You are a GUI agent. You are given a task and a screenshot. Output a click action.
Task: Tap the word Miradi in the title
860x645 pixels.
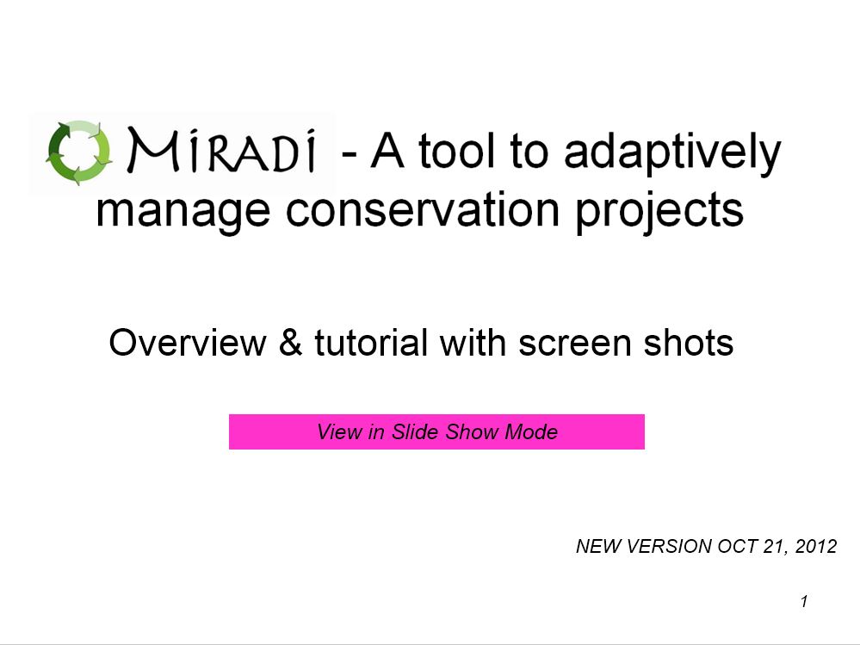[223, 151]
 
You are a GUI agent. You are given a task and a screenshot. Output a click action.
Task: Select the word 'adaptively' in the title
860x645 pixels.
[672, 152]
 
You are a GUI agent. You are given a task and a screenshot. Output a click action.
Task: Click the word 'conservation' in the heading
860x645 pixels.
[423, 209]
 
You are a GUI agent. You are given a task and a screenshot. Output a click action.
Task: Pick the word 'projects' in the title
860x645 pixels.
[659, 212]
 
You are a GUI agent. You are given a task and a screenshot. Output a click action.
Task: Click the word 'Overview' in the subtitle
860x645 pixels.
[187, 343]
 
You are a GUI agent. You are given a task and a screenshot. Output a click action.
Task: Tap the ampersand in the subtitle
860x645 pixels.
[290, 342]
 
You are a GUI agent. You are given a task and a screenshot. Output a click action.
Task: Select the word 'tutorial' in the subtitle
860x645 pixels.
[371, 342]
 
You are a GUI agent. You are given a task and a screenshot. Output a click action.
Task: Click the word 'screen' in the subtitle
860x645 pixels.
[575, 344]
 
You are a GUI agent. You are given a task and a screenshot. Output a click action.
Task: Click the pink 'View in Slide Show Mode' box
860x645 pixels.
[436, 431]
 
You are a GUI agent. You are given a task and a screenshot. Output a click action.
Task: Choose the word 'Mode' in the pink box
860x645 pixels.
[531, 431]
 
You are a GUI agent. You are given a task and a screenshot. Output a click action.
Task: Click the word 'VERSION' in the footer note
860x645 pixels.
[669, 546]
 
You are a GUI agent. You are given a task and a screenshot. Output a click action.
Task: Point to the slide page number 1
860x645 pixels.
[804, 602]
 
